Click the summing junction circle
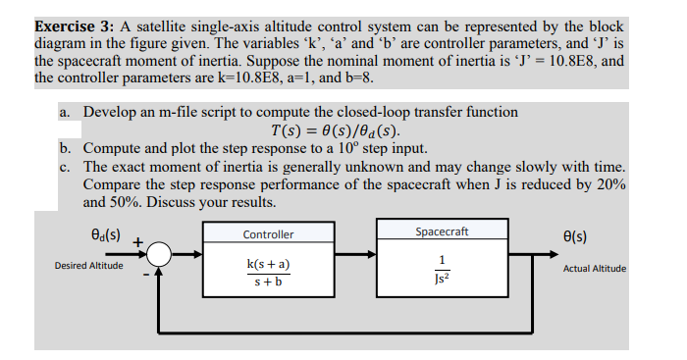161,254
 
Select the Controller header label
268,234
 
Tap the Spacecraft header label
442,232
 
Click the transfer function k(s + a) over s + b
268,274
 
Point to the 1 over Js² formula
443,269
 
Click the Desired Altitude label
89,266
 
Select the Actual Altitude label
594,267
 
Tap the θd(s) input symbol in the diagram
104,236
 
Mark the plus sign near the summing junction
138,239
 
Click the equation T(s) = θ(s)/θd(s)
335,130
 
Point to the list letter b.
65,149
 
